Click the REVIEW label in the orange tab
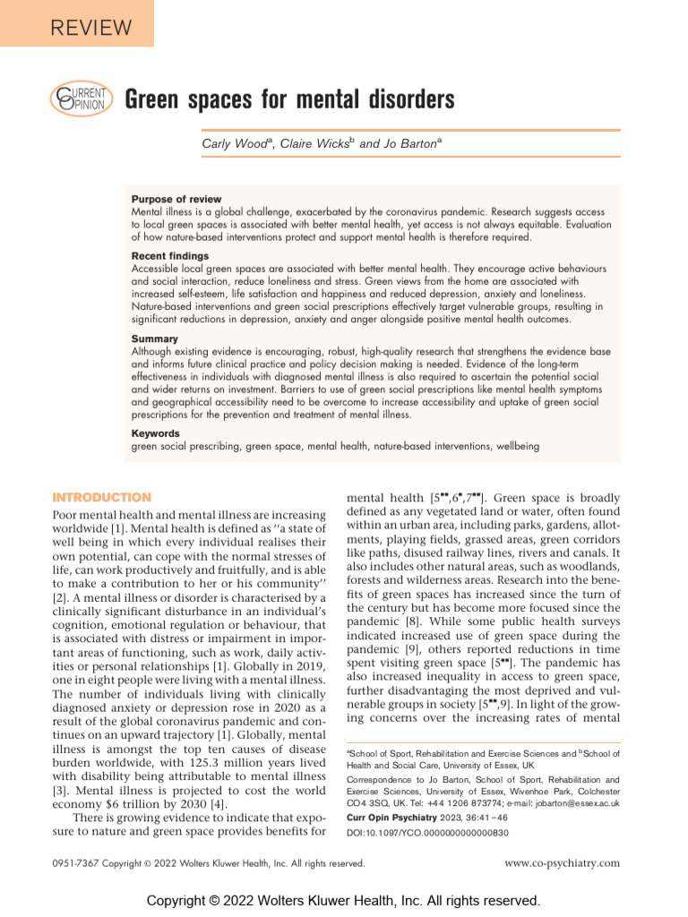(x=78, y=26)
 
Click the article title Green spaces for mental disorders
(x=288, y=99)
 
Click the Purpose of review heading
(x=176, y=199)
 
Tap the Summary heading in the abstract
(x=155, y=339)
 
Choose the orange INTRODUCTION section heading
(x=102, y=498)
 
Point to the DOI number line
(x=427, y=833)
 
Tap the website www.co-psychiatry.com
(x=563, y=863)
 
